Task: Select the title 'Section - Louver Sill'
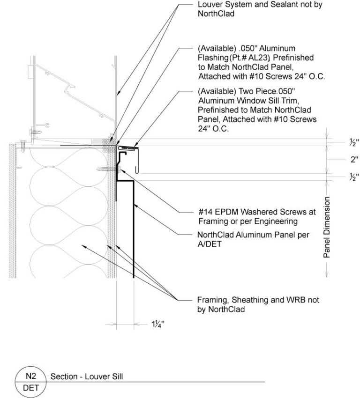tap(80, 376)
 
